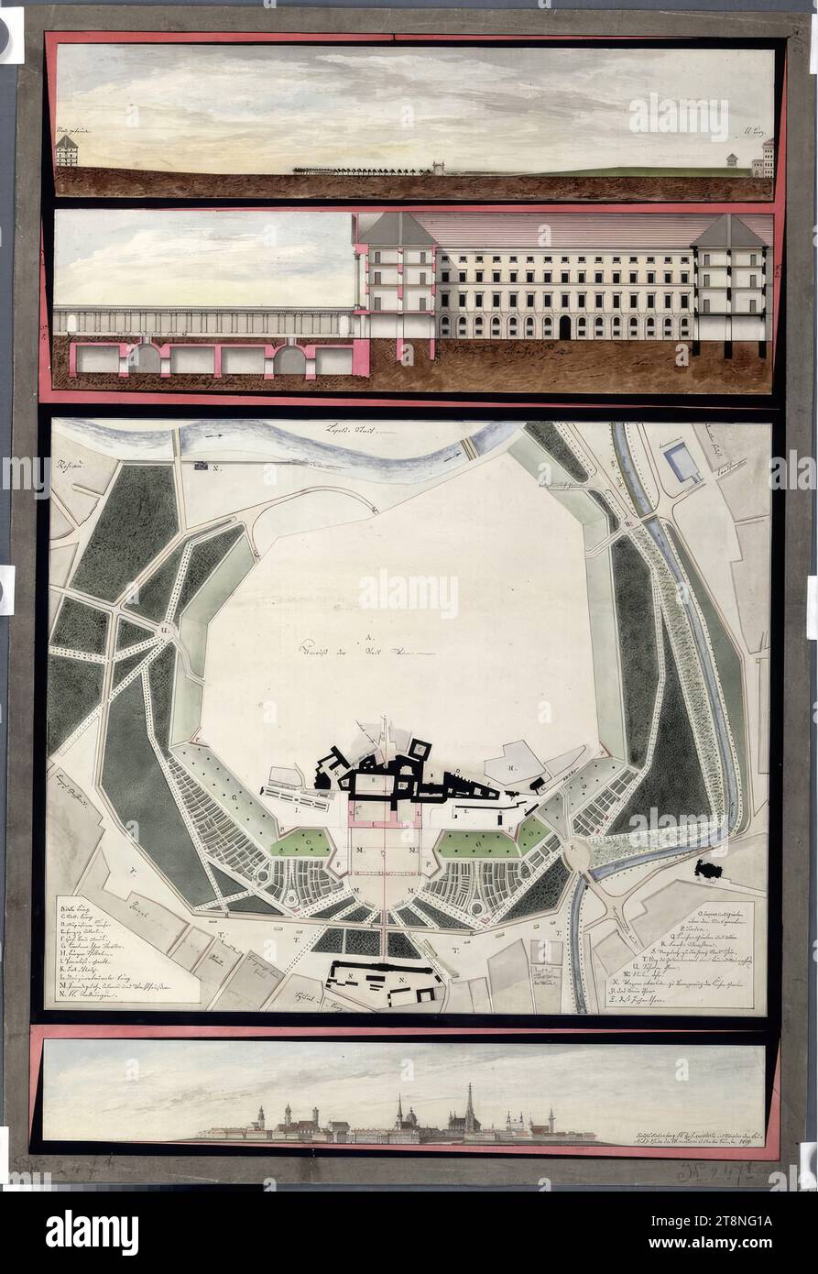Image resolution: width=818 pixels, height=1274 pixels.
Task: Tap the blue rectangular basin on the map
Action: [x=682, y=463]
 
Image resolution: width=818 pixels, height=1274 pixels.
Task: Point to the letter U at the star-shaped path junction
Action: [x=166, y=631]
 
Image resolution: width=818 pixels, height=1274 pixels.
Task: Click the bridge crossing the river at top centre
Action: [x=469, y=447]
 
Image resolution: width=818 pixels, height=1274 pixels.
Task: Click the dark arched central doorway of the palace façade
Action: [x=563, y=327]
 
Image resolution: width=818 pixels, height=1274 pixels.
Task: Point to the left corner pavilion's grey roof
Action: [x=396, y=229]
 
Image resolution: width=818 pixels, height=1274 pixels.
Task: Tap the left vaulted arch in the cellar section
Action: [x=144, y=358]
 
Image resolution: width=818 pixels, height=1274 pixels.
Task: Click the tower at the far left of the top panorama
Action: [x=67, y=150]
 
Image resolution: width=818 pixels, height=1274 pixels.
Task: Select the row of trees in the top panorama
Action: [x=362, y=170]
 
